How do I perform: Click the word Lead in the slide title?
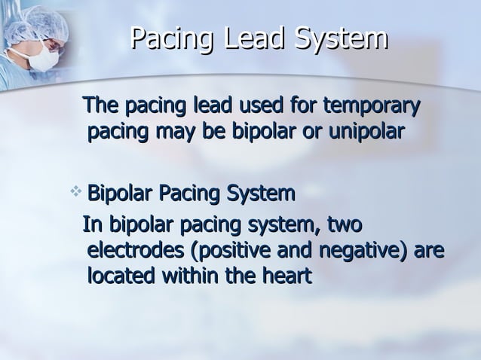pos(256,41)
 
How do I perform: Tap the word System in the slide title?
pos(339,41)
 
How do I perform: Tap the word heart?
pos(282,276)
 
